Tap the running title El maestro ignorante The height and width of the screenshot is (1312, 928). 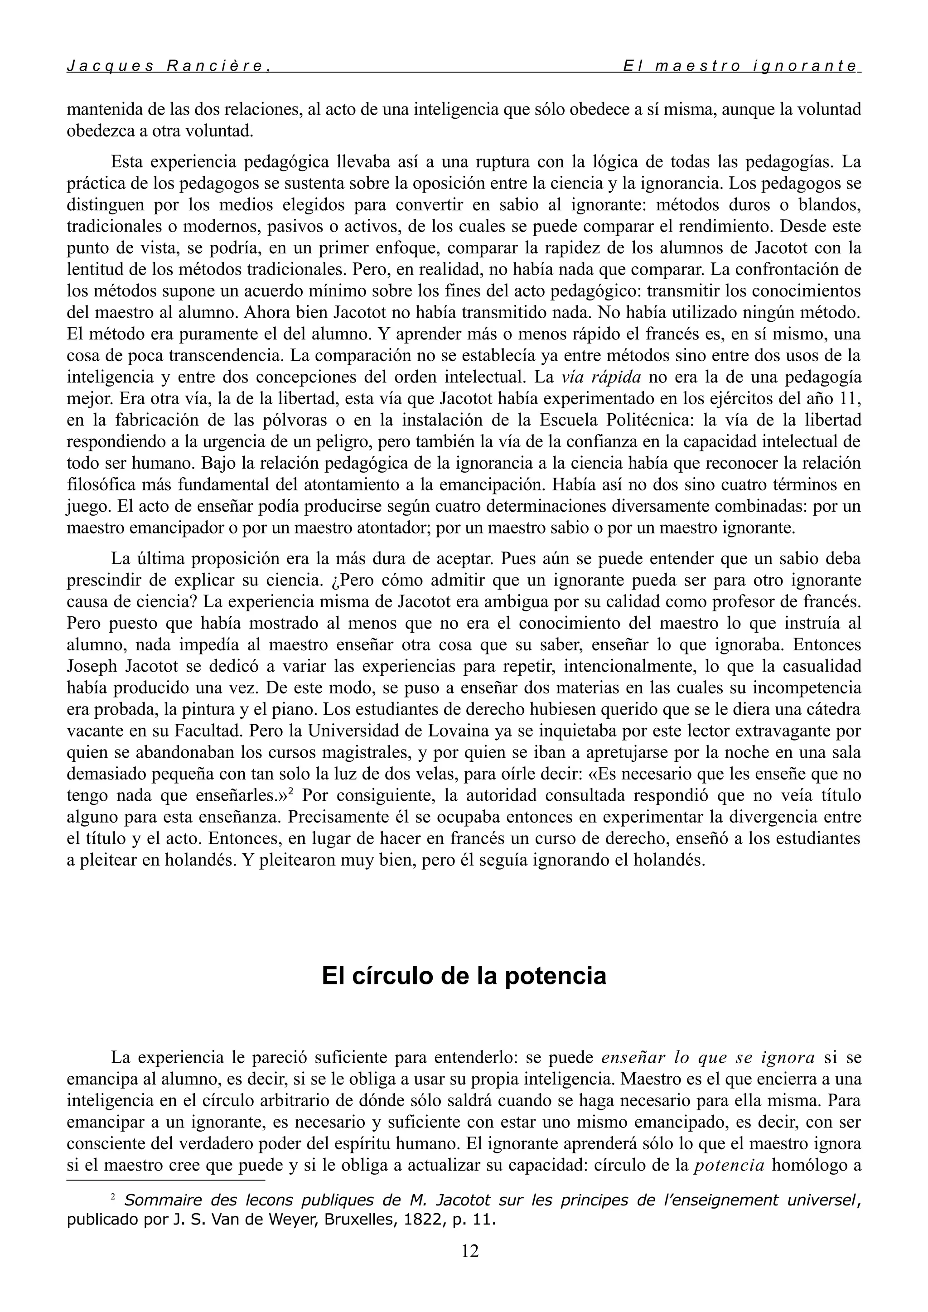(740, 66)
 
